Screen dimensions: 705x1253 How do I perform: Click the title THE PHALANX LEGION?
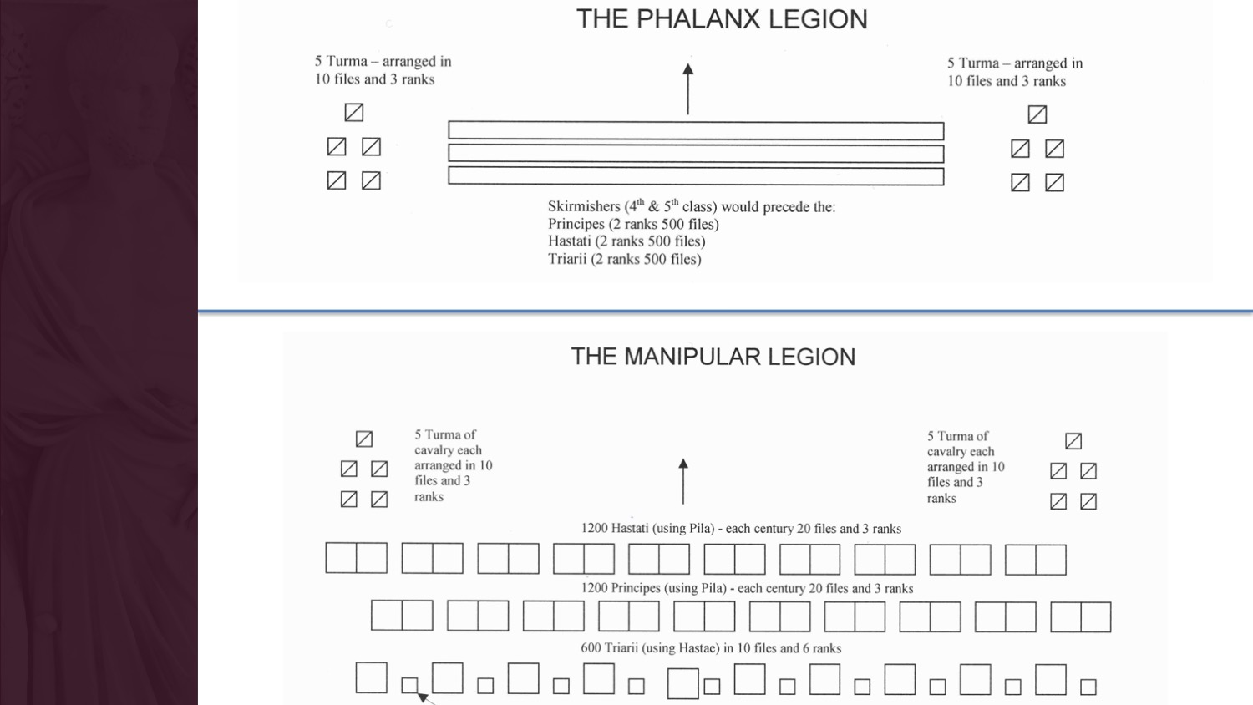[722, 19]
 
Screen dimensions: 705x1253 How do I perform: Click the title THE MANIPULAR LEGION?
[713, 357]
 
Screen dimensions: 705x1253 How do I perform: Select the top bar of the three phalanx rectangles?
[696, 131]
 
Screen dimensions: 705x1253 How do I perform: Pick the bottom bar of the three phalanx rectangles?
[696, 176]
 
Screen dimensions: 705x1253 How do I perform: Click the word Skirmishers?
[584, 206]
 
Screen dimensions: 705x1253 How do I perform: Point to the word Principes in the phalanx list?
[576, 224]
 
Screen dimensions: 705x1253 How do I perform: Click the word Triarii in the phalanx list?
[567, 259]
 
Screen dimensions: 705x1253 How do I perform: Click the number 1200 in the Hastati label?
[595, 528]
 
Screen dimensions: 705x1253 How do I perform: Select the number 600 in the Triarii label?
[591, 648]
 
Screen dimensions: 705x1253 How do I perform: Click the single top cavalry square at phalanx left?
[354, 112]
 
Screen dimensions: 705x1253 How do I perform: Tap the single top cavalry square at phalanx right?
[1037, 114]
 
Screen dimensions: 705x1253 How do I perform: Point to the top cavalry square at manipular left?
[364, 439]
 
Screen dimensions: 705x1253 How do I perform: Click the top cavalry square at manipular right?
[1073, 440]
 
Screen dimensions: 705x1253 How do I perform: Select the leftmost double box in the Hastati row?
[357, 558]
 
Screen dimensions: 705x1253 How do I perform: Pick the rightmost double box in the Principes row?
[1081, 616]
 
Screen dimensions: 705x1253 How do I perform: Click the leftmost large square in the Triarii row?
[372, 677]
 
